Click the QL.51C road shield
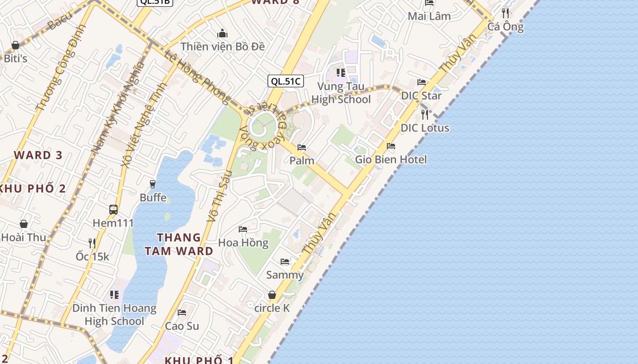(x=285, y=81)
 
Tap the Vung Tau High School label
(x=341, y=93)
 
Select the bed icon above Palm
(x=301, y=147)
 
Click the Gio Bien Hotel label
(x=391, y=159)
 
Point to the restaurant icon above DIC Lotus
(x=425, y=114)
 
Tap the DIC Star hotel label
(x=421, y=96)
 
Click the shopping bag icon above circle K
(x=272, y=295)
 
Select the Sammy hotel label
(x=285, y=275)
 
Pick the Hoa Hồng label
(x=243, y=243)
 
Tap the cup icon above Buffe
(x=153, y=184)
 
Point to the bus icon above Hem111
(x=113, y=210)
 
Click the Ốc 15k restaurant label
(x=93, y=257)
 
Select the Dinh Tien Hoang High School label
(x=114, y=314)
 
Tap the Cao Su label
(x=182, y=326)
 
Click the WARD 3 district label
(x=38, y=155)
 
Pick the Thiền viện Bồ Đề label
(x=222, y=46)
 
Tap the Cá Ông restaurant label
(x=505, y=27)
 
